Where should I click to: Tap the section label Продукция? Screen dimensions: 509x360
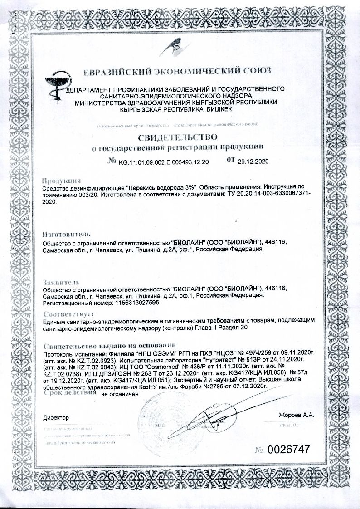61,180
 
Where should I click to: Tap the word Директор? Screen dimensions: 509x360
55,416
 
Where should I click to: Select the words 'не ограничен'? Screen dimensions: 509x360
119,395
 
